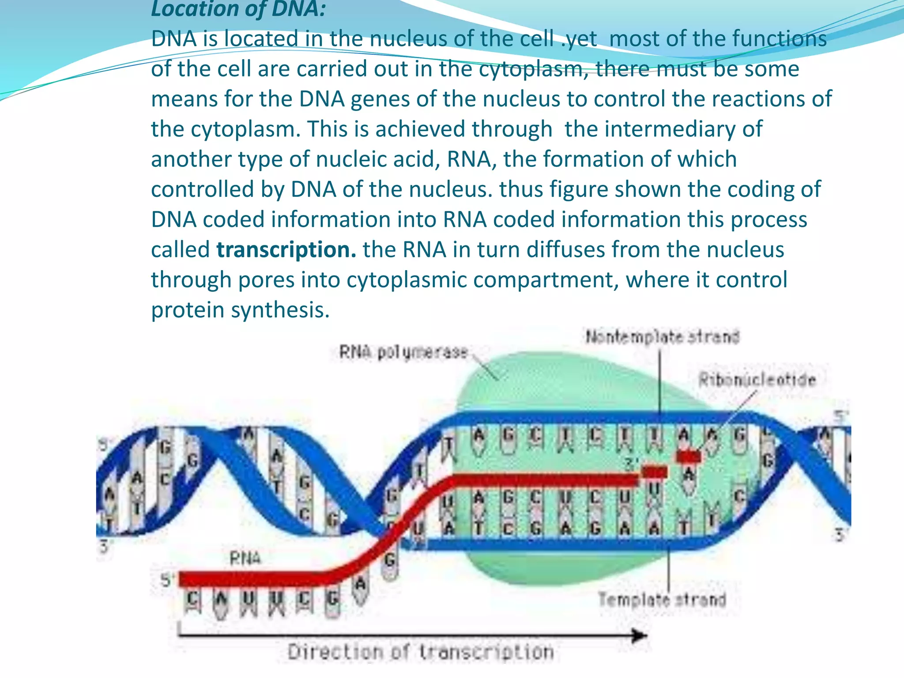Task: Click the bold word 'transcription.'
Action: click(286, 250)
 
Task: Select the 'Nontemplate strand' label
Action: click(662, 337)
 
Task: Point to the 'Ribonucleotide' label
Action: click(757, 380)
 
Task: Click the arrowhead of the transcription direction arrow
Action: click(640, 636)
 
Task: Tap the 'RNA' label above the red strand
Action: click(245, 559)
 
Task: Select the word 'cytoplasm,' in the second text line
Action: click(534, 69)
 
